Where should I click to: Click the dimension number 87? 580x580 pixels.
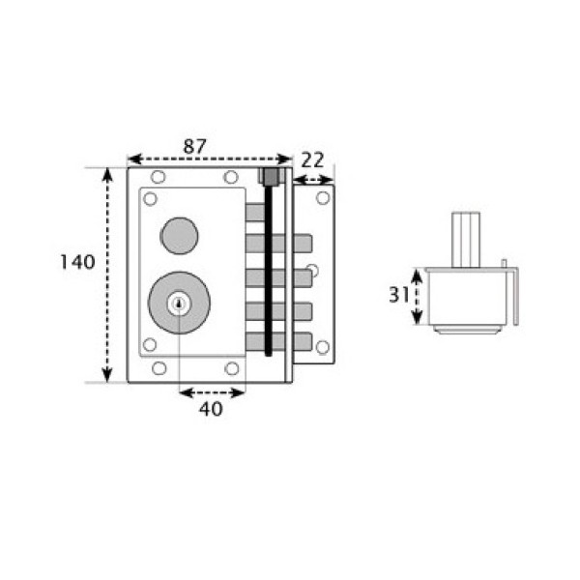coord(194,147)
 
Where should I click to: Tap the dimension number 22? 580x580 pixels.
coord(312,159)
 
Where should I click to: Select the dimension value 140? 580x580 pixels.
coord(77,262)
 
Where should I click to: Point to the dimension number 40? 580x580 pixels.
coord(211,409)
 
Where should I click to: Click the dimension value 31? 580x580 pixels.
coord(398,295)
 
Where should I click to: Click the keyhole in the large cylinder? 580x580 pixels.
coord(180,304)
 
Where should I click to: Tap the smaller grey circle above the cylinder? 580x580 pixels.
coord(179,236)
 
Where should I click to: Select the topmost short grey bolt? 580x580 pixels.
coord(255,213)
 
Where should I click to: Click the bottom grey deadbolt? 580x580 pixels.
coord(278,341)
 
